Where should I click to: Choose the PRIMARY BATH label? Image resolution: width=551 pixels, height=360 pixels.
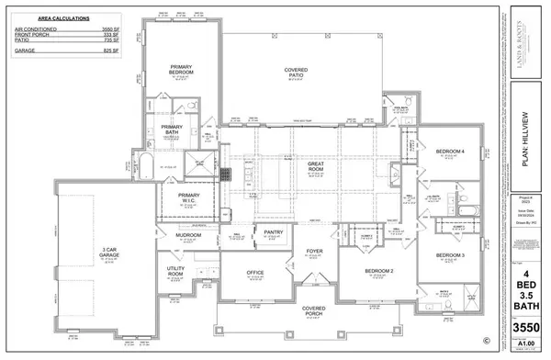pyautogui.click(x=173, y=130)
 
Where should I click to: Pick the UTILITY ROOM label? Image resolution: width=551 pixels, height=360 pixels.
pyautogui.click(x=176, y=273)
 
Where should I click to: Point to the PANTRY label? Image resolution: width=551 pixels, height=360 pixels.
pyautogui.click(x=273, y=233)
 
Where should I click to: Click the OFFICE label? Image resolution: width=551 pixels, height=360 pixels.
pyautogui.click(x=254, y=273)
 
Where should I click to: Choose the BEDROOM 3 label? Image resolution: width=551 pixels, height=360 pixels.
pyautogui.click(x=451, y=254)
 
